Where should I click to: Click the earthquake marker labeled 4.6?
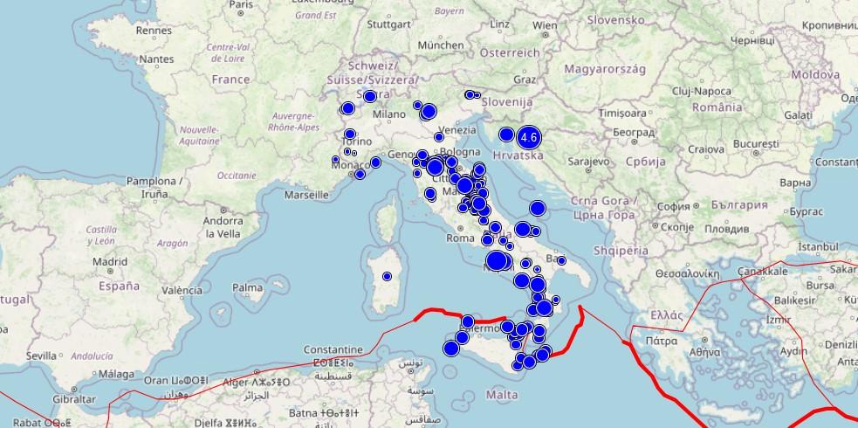(x=528, y=137)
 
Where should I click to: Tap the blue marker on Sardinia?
(x=387, y=276)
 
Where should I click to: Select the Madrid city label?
(x=110, y=260)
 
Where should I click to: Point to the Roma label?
(x=460, y=237)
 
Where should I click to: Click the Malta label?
(x=502, y=395)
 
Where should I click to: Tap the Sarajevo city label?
(x=588, y=162)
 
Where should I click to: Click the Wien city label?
(x=545, y=25)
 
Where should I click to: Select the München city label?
(x=441, y=45)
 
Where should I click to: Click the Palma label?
(x=248, y=286)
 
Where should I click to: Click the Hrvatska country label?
(x=518, y=155)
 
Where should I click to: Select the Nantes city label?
(x=157, y=59)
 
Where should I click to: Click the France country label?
(x=230, y=79)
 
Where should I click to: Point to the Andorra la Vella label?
(x=223, y=227)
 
